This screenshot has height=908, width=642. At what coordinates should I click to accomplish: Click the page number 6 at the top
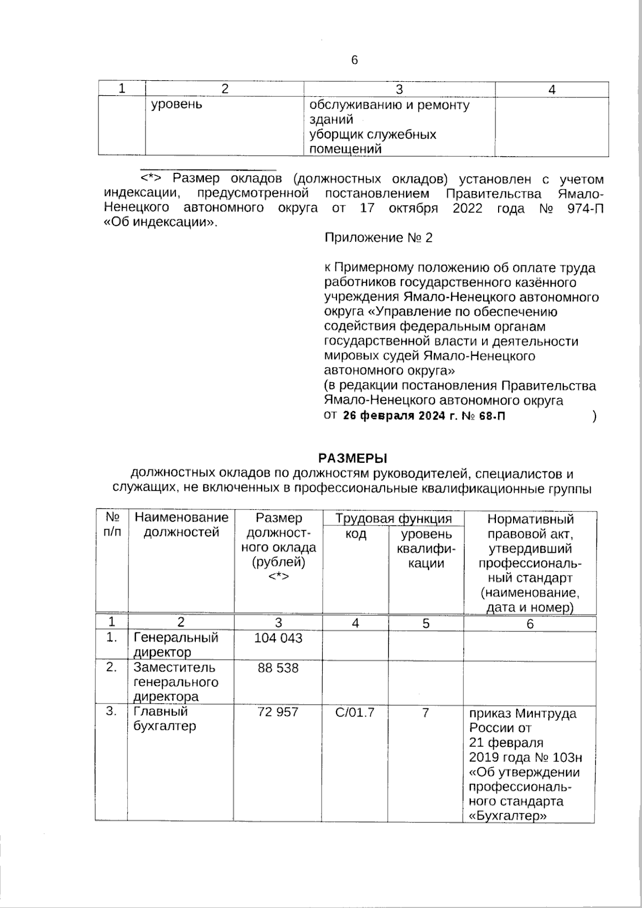tap(354, 60)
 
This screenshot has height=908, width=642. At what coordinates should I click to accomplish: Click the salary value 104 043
tap(278, 638)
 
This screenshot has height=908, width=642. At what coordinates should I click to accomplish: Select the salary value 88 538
tap(278, 668)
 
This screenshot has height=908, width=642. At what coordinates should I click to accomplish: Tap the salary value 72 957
tap(278, 712)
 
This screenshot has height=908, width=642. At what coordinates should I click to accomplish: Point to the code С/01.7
tap(355, 712)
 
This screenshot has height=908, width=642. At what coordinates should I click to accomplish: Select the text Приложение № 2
tap(378, 238)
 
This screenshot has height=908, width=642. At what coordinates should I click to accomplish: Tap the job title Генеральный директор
tap(176, 645)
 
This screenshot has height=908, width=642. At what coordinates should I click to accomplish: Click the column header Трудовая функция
tap(393, 518)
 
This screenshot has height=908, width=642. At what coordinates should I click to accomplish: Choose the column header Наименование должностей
tap(181, 525)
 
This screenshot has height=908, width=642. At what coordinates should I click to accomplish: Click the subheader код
tap(356, 535)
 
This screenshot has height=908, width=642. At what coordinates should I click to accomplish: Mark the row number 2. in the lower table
tap(111, 668)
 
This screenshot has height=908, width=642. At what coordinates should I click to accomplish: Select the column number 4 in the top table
tap(552, 89)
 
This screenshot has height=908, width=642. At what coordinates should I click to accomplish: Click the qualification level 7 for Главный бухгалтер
tap(425, 712)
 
